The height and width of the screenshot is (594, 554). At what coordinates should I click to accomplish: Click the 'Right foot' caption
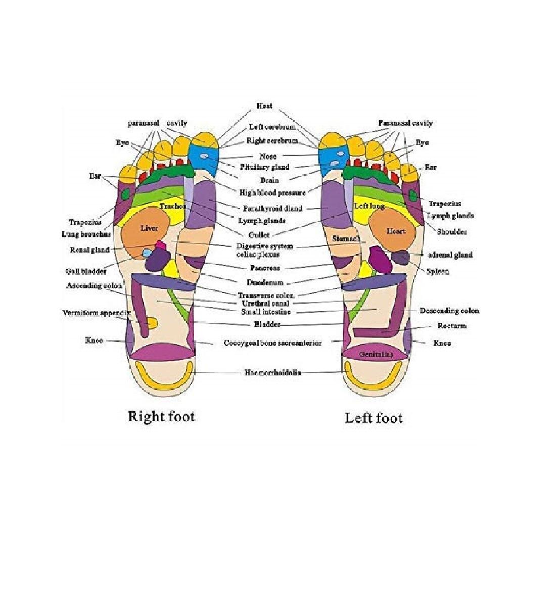pyautogui.click(x=161, y=416)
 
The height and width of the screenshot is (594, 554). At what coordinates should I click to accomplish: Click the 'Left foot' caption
pyautogui.click(x=374, y=418)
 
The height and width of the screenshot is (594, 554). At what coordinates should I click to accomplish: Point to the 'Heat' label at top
pyautogui.click(x=264, y=106)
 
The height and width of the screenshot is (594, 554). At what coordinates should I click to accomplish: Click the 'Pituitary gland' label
pyautogui.click(x=264, y=167)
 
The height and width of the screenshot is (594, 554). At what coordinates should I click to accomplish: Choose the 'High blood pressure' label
pyautogui.click(x=272, y=192)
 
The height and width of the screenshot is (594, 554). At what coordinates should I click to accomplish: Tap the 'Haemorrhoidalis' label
pyautogui.click(x=273, y=373)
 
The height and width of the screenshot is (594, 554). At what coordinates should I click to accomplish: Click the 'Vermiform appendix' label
pyautogui.click(x=97, y=313)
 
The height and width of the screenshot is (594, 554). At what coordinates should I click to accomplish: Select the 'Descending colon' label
pyautogui.click(x=449, y=311)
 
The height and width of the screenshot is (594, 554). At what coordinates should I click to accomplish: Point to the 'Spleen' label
pyautogui.click(x=438, y=271)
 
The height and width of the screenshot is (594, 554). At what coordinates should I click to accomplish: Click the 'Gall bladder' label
pyautogui.click(x=86, y=271)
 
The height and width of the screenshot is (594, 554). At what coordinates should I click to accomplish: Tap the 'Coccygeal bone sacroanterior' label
pyautogui.click(x=272, y=343)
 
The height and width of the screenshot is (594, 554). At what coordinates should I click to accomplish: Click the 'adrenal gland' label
pyautogui.click(x=450, y=255)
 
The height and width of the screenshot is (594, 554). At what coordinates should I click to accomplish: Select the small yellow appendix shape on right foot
pyautogui.click(x=152, y=322)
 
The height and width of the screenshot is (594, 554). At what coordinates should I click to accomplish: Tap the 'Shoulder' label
pyautogui.click(x=451, y=232)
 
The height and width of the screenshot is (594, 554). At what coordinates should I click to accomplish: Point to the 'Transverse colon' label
pyautogui.click(x=266, y=295)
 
